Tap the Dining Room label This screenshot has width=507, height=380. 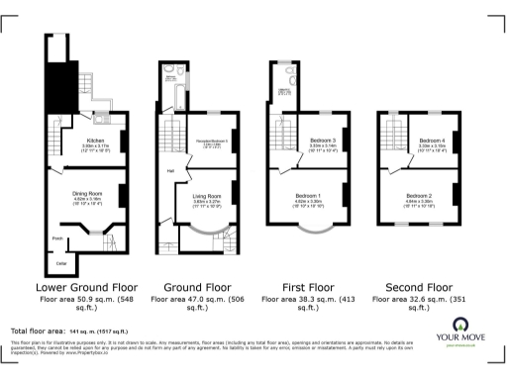pyautogui.click(x=89, y=194)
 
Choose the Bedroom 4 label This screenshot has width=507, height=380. pyautogui.click(x=430, y=141)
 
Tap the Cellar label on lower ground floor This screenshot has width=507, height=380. pyautogui.click(x=59, y=262)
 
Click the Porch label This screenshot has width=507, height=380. pyautogui.click(x=58, y=238)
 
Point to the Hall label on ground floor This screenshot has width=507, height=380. pyautogui.click(x=170, y=171)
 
